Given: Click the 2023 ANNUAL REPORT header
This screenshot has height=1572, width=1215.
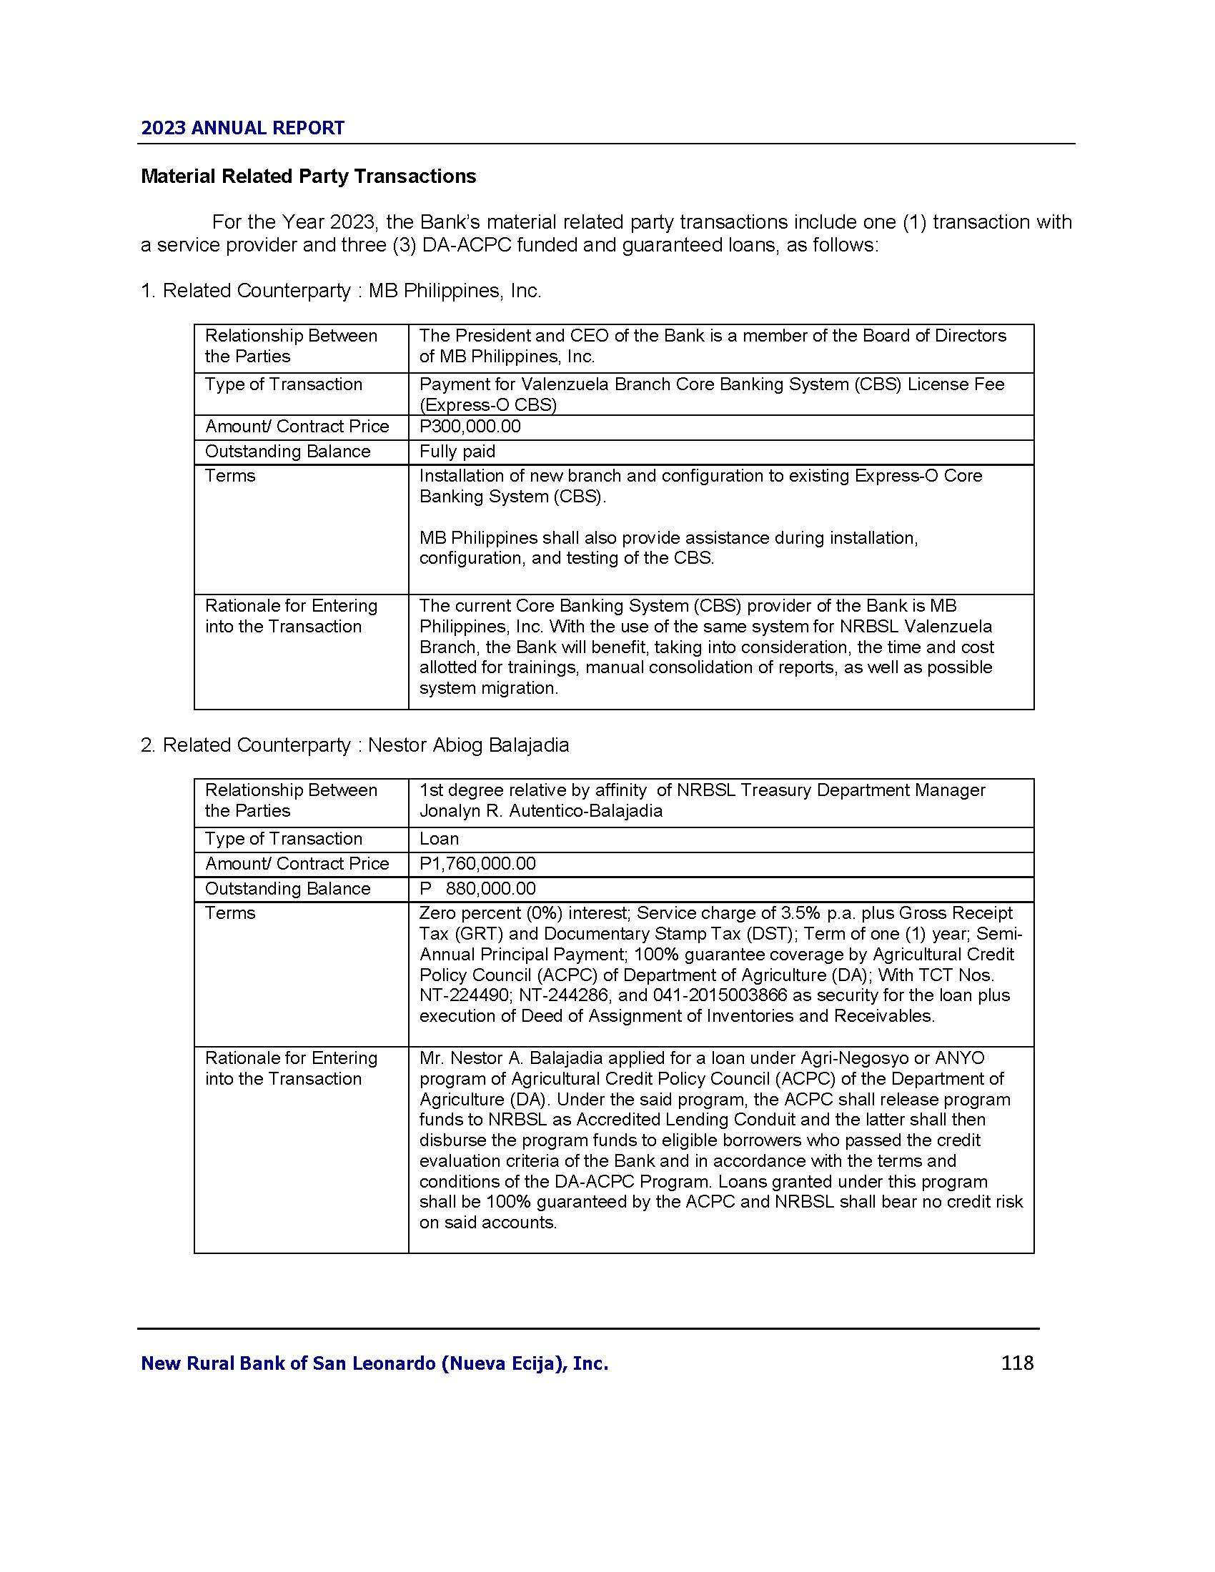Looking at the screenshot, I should click(x=242, y=128).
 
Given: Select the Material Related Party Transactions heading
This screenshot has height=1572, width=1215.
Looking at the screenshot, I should click(x=308, y=176).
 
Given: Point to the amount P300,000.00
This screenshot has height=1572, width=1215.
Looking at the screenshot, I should click(x=470, y=427).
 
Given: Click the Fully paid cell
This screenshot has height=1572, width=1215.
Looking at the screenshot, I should click(x=457, y=452).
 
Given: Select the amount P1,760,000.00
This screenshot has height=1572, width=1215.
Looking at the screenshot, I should click(x=477, y=864).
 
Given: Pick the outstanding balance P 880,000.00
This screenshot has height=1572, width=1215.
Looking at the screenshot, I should click(x=477, y=889).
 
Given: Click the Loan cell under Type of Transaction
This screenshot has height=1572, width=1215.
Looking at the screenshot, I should click(x=439, y=840).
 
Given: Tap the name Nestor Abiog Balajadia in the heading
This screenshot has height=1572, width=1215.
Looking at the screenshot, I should click(x=468, y=745).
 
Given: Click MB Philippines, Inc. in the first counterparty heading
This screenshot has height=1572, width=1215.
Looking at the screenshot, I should click(x=455, y=291).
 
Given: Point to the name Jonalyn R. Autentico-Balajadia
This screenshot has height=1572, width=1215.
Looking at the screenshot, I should click(x=540, y=811).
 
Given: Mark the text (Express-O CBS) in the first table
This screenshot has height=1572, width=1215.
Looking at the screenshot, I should click(x=488, y=405).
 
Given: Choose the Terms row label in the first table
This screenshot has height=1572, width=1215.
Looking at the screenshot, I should click(x=229, y=476).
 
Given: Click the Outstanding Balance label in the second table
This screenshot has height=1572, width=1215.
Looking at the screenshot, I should click(x=287, y=889).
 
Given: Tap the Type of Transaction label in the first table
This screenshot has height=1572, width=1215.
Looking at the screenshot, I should click(x=283, y=384).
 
